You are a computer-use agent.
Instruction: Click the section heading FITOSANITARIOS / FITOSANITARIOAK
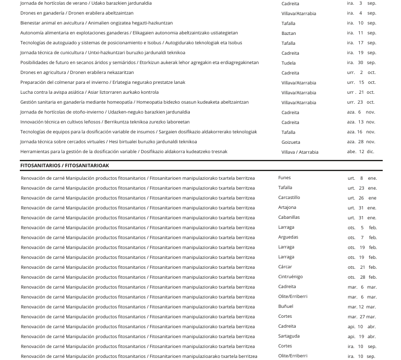pos(65,166)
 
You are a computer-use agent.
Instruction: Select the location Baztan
pos(288,33)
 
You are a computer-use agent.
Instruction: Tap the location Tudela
pos(288,63)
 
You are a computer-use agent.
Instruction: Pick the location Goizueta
pos(290,142)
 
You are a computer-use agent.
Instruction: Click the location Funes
pos(284,178)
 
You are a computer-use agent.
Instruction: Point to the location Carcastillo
pos(289,198)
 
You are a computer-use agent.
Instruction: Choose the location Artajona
pos(287,208)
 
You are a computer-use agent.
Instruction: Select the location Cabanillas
pos(289,218)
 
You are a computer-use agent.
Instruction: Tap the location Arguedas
pos(288,238)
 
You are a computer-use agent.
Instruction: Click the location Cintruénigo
pos(290,277)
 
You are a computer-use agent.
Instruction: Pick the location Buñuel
pos(286,307)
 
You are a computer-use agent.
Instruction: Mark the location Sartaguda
pos(289,337)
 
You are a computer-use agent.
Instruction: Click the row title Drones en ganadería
pos(77,13)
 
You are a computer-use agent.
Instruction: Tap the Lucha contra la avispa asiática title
pos(89,92)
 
